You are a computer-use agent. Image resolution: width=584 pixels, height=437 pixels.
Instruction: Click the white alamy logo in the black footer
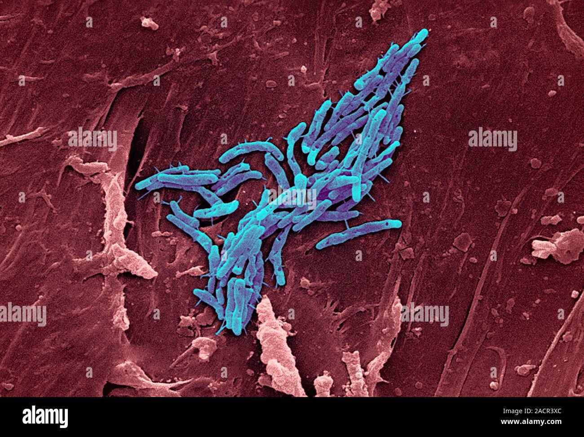[x=45, y=417]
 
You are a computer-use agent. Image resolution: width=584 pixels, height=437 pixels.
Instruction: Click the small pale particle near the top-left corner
[x=149, y=23]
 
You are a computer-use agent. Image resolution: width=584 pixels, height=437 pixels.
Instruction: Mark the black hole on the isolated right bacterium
[x=385, y=223]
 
